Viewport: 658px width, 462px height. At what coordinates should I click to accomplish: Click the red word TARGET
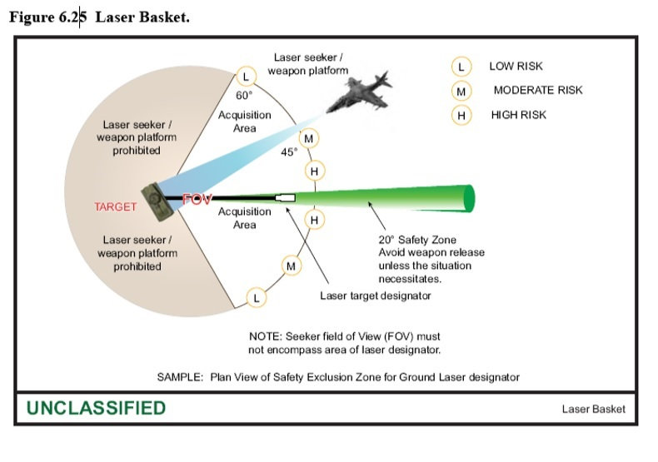pos(115,206)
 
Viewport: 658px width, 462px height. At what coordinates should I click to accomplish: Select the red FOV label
pos(197,201)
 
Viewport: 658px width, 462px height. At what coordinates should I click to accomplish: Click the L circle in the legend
pos(460,67)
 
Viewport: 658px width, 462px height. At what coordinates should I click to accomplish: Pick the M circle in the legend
pos(460,91)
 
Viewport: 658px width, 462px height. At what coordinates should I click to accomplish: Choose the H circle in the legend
pos(460,115)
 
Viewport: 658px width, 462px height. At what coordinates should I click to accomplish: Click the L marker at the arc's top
pos(245,77)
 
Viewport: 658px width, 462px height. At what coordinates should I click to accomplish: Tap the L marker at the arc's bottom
pos(257,297)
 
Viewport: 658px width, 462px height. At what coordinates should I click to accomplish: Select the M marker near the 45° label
pos(309,138)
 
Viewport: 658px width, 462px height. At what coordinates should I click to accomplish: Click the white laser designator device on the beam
pos(285,198)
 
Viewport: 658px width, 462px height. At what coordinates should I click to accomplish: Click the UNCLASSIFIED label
pos(96,408)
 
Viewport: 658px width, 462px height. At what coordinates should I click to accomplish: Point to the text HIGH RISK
pos(518,115)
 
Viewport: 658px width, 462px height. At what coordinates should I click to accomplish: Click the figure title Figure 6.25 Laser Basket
pos(99,17)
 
